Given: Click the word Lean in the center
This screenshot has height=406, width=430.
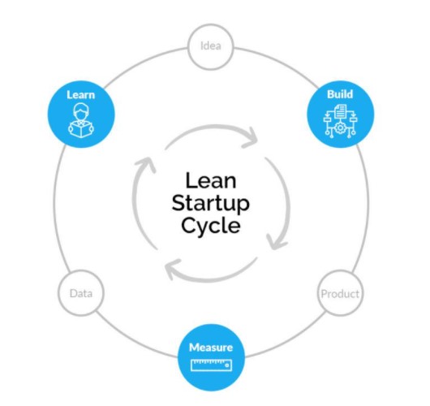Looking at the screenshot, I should (x=211, y=180).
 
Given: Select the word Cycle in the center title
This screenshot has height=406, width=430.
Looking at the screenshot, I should (x=211, y=225).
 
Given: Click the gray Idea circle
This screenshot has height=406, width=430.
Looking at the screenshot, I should (x=210, y=45).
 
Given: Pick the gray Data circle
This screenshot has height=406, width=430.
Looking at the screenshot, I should (x=80, y=293).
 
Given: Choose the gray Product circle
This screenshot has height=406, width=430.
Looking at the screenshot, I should (x=340, y=293).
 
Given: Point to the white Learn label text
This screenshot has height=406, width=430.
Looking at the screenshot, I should (x=80, y=95).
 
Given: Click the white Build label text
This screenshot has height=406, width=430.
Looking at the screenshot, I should (x=340, y=94).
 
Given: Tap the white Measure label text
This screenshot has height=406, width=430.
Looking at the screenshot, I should (x=211, y=348).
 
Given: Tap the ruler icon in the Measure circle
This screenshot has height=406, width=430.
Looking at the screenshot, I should (x=211, y=365).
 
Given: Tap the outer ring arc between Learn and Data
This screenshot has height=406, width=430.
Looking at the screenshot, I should (x=55, y=203).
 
